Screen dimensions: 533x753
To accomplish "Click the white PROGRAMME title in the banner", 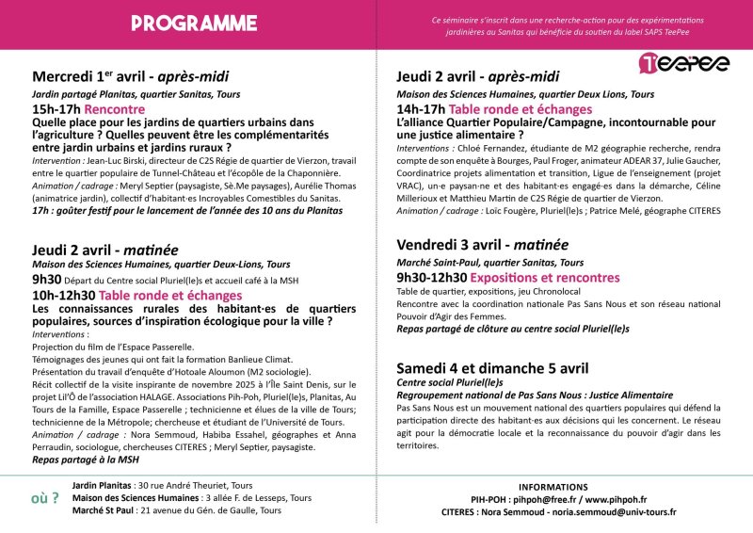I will [x=194, y=23].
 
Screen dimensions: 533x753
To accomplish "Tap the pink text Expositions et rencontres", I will [x=545, y=278].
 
